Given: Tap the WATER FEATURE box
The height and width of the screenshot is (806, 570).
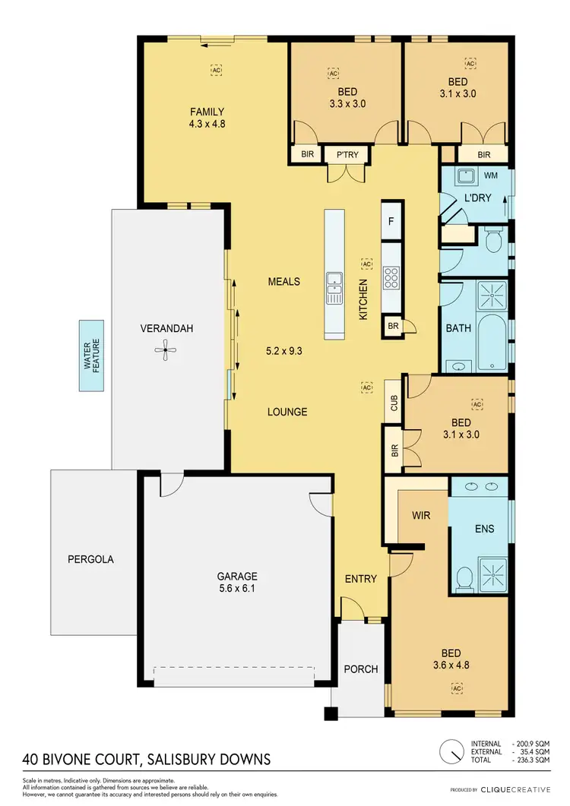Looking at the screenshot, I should coord(92,356).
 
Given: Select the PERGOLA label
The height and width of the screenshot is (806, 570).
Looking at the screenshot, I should coord(90,559).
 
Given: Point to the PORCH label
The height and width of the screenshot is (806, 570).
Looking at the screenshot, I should coord(360,669).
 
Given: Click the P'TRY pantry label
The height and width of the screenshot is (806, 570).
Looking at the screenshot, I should coord(347,154).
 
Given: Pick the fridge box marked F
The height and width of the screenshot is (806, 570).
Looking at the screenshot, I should coord(391,221).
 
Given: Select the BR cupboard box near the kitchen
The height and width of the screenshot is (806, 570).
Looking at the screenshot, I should coord(393,325).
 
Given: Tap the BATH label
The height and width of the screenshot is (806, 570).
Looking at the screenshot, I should coord(458,329).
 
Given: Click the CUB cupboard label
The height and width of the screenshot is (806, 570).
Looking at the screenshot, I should coord(394,403).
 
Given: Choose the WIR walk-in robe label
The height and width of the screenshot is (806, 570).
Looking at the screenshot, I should coord(421,516).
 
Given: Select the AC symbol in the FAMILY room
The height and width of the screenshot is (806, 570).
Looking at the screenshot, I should coord(216,69).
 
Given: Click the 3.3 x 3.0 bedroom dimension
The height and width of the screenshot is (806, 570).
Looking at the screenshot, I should coord(347,104).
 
